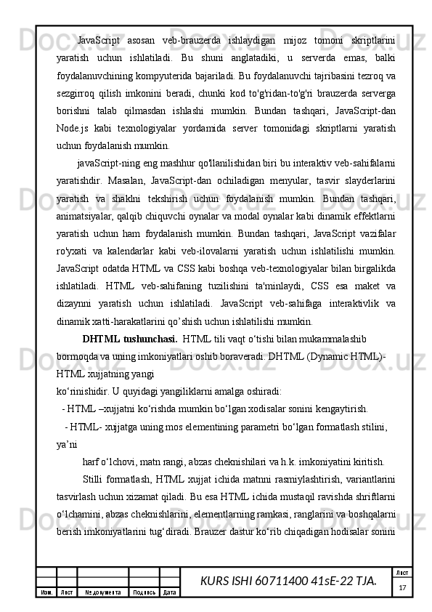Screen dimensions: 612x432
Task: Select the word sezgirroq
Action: [78, 94]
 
